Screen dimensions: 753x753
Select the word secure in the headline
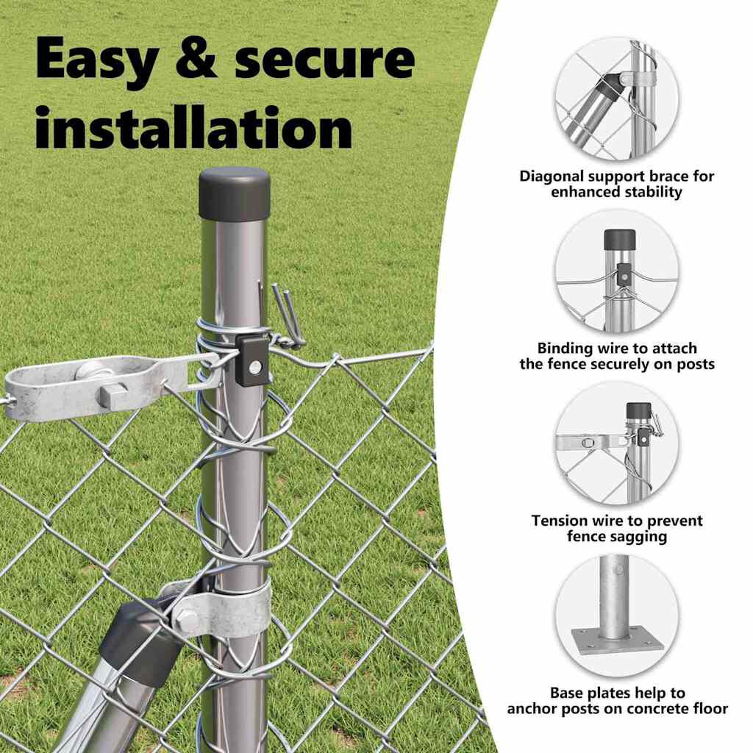click(324, 60)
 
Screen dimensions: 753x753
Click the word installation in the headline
click(194, 127)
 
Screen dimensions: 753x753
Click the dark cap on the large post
click(235, 193)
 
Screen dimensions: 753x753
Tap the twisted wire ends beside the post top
click(286, 315)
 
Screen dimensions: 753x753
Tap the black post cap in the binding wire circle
click(619, 240)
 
